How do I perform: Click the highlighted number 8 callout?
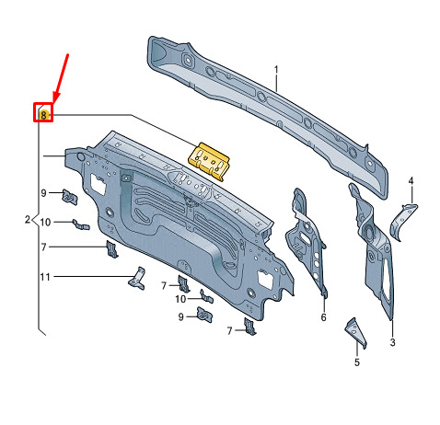click(43, 115)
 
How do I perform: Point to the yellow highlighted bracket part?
click(209, 161)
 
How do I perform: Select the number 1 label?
click(276, 71)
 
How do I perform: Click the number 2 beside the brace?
click(28, 220)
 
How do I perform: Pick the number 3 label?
click(393, 342)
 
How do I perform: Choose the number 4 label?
click(411, 180)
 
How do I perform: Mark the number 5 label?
click(356, 362)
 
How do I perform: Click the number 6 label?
click(323, 317)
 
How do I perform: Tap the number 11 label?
click(45, 277)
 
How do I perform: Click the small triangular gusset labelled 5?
click(356, 333)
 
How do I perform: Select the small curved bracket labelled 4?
click(403, 222)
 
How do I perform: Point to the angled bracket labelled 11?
click(137, 279)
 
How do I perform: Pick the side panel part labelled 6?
click(307, 242)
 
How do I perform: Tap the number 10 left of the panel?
click(45, 222)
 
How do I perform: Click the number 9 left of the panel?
click(43, 193)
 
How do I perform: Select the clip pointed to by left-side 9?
click(70, 197)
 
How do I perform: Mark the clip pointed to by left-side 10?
click(81, 224)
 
